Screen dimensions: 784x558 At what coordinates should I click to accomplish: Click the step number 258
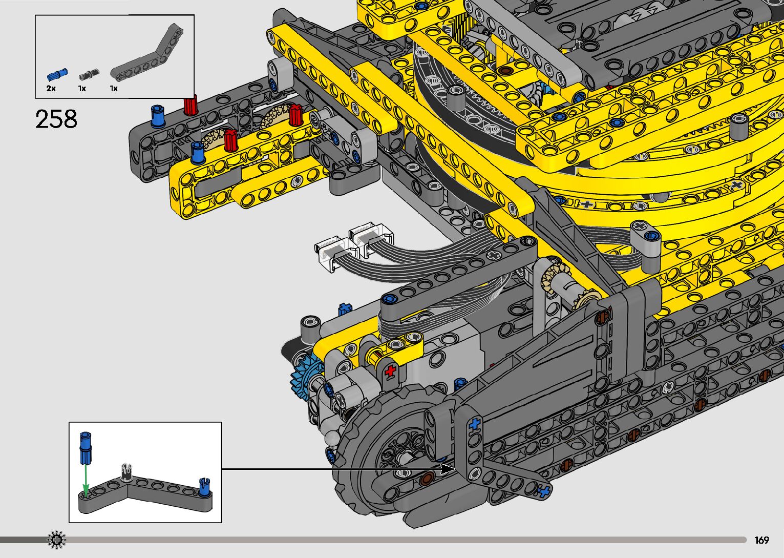tap(56, 119)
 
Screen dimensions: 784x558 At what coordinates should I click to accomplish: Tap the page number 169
tap(761, 540)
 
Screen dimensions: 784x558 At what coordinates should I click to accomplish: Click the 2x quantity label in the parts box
tap(51, 89)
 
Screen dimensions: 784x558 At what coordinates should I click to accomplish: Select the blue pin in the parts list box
tap(57, 75)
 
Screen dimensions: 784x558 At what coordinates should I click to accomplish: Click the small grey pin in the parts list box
tap(89, 75)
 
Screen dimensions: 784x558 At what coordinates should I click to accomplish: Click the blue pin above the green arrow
tap(86, 447)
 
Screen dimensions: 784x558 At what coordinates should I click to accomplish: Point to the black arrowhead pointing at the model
tap(448, 469)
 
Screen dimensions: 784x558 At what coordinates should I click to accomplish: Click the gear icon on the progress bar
tap(56, 540)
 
